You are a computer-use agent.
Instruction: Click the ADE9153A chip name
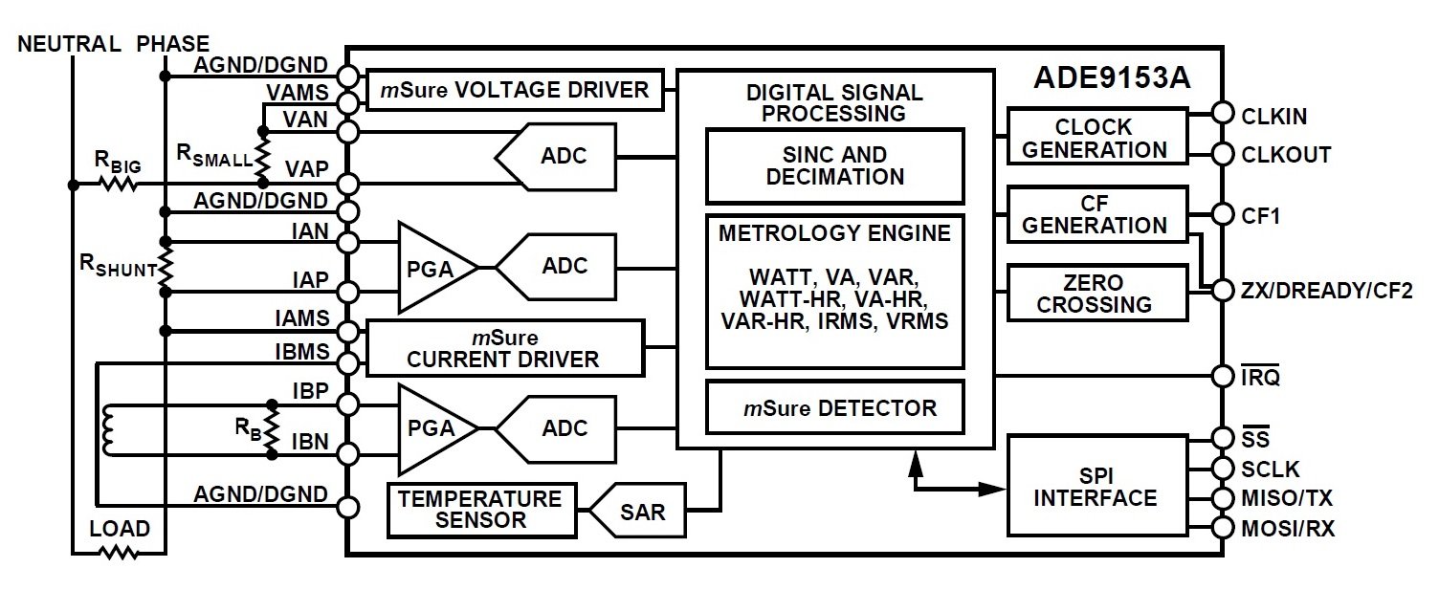click(x=1112, y=78)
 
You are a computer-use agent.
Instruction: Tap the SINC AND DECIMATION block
click(x=834, y=165)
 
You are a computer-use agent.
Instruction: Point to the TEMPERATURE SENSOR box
click(x=481, y=510)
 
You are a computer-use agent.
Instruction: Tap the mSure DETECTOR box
click(x=834, y=407)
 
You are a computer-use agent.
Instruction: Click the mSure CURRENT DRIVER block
click(x=504, y=348)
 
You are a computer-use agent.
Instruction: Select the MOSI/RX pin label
click(x=1287, y=528)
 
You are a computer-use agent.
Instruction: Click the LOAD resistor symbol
click(x=120, y=552)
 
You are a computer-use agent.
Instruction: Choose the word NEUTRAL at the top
click(x=71, y=44)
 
